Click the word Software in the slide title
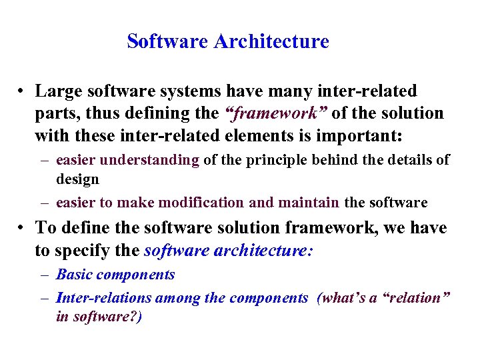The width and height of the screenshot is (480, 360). point(168,41)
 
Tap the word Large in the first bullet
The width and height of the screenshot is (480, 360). point(57,91)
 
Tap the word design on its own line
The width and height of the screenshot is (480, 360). point(77,179)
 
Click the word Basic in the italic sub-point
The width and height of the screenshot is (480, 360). point(73,275)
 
